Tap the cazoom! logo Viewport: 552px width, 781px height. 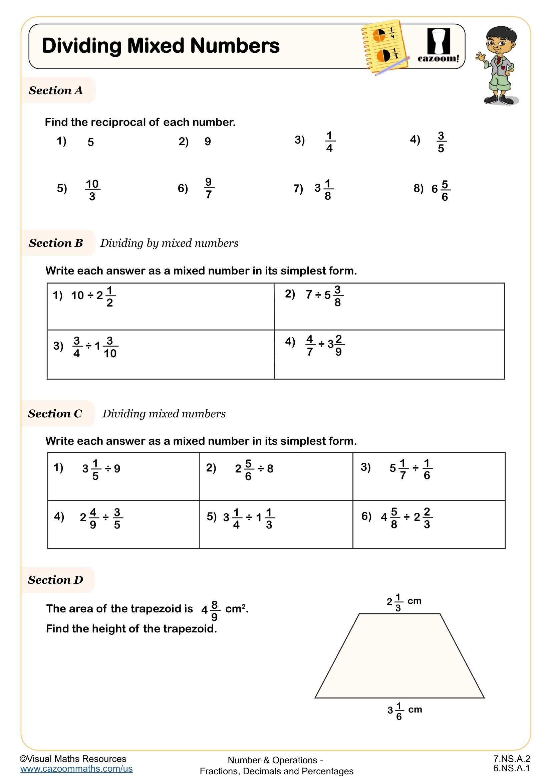pyautogui.click(x=438, y=46)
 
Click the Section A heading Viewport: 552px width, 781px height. pyautogui.click(x=56, y=90)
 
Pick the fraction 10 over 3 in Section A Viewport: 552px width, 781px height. pyautogui.click(x=92, y=190)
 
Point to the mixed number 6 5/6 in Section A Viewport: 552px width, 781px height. pyautogui.click(x=441, y=190)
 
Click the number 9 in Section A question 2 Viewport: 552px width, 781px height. pyautogui.click(x=208, y=142)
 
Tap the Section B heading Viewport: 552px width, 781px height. pyautogui.click(x=56, y=243)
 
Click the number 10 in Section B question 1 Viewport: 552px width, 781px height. pyautogui.click(x=77, y=295)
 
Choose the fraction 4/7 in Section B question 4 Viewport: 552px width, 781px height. pyautogui.click(x=310, y=345)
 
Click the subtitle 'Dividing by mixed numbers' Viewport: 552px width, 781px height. pyautogui.click(x=169, y=243)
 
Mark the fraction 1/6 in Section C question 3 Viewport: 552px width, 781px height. pyautogui.click(x=427, y=469)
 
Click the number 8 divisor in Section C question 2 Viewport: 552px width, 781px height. pyautogui.click(x=270, y=469)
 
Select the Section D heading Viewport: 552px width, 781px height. pyautogui.click(x=55, y=580)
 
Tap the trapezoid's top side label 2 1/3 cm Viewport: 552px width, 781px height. pyautogui.click(x=404, y=602)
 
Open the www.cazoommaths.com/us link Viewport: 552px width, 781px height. pyautogui.click(x=76, y=769)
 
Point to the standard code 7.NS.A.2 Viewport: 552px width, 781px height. pyautogui.click(x=512, y=759)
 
